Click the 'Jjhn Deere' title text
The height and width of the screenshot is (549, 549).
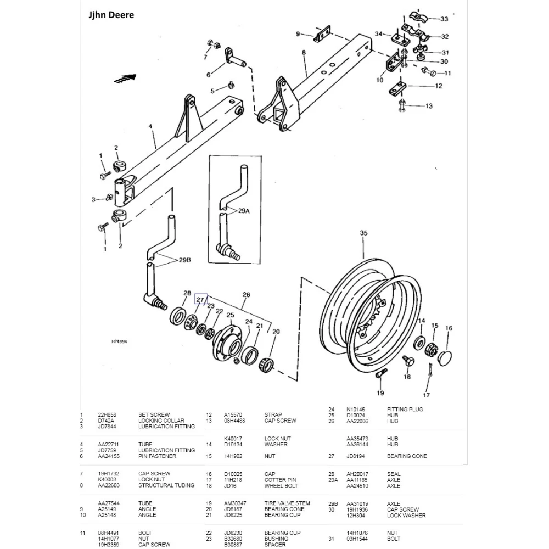pos(111,15)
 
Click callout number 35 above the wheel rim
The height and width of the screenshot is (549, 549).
pos(363,233)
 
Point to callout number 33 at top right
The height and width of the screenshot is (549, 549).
pos(444,19)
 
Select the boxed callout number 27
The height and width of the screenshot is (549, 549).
pos(200,300)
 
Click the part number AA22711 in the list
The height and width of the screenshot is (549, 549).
pos(109,444)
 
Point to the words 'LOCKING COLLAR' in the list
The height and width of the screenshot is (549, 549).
pos(161,421)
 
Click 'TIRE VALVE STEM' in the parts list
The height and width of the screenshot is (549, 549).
pos(287,503)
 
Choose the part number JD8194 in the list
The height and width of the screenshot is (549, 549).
pos(356,456)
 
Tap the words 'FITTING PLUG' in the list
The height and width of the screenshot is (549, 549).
pos(405,410)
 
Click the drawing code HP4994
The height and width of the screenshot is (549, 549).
pos(119,341)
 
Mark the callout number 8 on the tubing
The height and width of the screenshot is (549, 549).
pos(304,53)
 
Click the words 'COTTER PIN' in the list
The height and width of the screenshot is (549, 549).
pos(280,480)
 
